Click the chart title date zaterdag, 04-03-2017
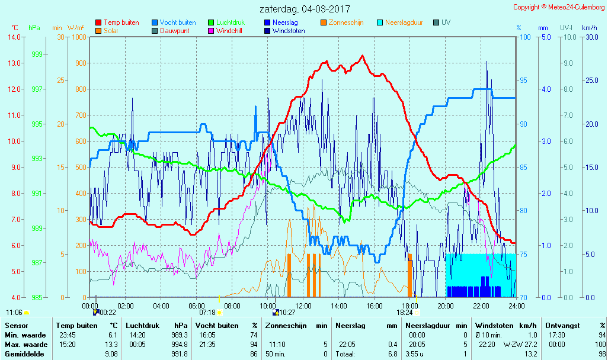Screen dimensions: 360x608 (305, 9)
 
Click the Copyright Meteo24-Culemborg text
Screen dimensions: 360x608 (559, 7)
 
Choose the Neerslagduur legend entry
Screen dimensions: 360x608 (404, 22)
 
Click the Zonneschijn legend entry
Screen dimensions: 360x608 (345, 22)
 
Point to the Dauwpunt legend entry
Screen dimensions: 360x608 (174, 31)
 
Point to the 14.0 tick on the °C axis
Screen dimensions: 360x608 (14, 37)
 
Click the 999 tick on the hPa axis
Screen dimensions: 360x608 (36, 54)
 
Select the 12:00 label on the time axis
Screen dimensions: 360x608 (303, 306)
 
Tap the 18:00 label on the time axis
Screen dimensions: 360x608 (410, 306)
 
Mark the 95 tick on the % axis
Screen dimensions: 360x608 (523, 81)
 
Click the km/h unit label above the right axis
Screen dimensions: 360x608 (589, 28)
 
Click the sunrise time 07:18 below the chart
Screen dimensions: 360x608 (207, 312)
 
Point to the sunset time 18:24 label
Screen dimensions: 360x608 (404, 312)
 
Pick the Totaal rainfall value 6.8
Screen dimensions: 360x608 (393, 354)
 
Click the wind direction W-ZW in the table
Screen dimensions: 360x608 (511, 345)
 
